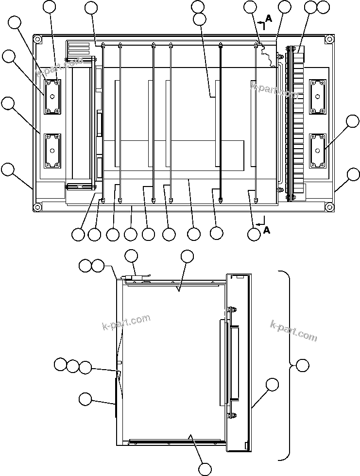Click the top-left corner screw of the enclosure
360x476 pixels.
pyautogui.click(x=37, y=39)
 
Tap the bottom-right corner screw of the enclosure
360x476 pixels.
pyautogui.click(x=330, y=207)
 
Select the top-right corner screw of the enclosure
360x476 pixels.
pyautogui.click(x=330, y=39)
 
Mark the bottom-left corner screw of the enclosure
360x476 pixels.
pyautogui.click(x=37, y=207)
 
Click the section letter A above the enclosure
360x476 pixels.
pyautogui.click(x=268, y=18)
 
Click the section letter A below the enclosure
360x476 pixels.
pyautogui.click(x=267, y=230)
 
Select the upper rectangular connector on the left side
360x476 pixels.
pyautogui.click(x=52, y=96)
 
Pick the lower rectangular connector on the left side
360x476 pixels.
pyautogui.click(x=52, y=151)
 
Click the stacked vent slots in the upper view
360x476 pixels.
pyautogui.click(x=79, y=50)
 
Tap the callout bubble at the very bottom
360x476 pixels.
pyautogui.click(x=206, y=469)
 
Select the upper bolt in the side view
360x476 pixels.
pyautogui.click(x=232, y=309)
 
